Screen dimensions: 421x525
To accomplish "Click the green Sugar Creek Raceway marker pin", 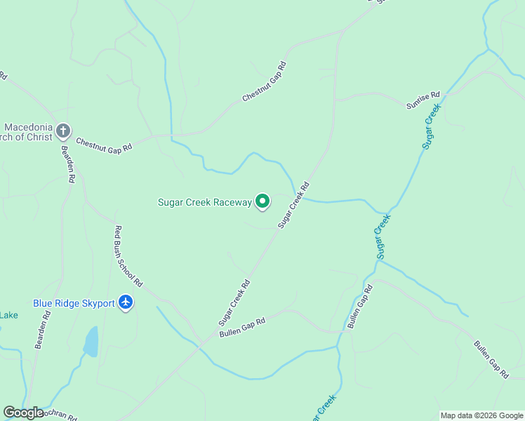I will pos(262,202).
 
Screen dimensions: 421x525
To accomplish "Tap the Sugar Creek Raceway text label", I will pos(204,202).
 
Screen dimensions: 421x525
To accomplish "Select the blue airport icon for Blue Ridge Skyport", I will pos(126,302).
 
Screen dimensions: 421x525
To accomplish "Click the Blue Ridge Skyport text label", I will pos(74,303).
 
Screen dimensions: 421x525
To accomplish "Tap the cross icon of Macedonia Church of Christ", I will pos(63,131).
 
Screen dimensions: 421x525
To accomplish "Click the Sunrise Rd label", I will pos(423,100).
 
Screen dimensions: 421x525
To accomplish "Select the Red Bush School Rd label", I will pos(128,256).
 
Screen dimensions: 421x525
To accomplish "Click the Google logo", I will pos(23,413).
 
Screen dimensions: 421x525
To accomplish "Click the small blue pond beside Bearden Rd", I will pos(91,342).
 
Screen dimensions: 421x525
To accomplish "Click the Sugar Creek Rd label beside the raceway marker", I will pos(293,206).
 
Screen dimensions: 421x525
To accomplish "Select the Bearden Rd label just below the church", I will pos(67,164).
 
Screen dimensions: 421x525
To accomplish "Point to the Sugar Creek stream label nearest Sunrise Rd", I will pos(431,126).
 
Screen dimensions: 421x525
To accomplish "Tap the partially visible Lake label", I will pos(8,315).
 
